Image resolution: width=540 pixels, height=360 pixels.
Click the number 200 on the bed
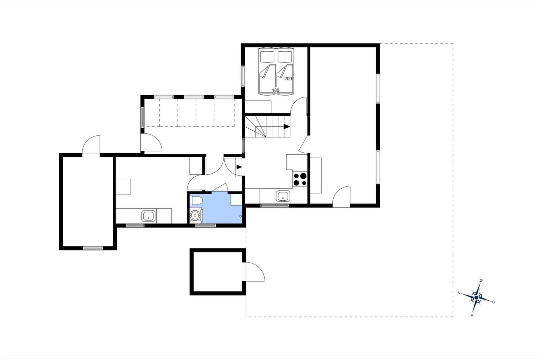point(288,78)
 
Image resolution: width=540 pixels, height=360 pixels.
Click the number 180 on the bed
point(275,90)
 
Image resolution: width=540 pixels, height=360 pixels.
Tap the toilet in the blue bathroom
point(196,201)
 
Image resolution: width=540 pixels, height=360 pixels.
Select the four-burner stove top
point(300,179)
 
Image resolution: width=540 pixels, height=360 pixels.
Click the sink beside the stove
point(283,196)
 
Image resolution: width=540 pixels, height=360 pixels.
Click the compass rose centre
point(476,298)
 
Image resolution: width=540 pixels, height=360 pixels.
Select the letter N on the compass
point(459,293)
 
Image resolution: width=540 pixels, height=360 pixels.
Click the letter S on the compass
point(493,302)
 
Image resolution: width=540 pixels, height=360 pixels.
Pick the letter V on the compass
point(472,315)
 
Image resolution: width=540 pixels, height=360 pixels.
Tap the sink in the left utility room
point(148,216)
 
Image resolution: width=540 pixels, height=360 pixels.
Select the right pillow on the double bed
point(285,57)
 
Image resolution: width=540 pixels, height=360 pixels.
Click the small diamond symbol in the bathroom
point(241,216)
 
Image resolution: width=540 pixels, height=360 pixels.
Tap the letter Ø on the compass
point(481,280)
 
